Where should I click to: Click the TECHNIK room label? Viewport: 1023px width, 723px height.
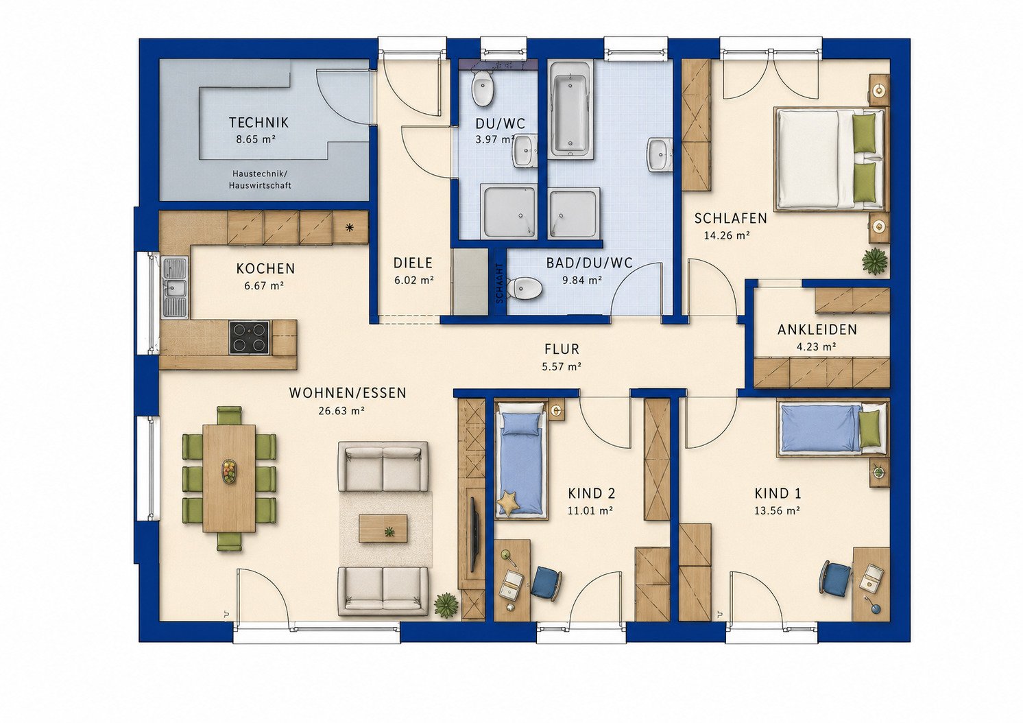pyautogui.click(x=258, y=123)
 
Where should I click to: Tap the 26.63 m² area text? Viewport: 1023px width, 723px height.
pyautogui.click(x=341, y=411)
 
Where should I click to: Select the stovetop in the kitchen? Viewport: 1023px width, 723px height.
pyautogui.click(x=249, y=337)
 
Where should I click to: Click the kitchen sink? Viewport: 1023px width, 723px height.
pyautogui.click(x=175, y=287)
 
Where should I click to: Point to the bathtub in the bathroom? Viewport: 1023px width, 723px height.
pyautogui.click(x=571, y=110)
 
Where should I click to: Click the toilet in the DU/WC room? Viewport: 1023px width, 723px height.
pyautogui.click(x=482, y=88)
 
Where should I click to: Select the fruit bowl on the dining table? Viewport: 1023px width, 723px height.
pyautogui.click(x=229, y=471)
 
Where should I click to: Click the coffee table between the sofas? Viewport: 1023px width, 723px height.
pyautogui.click(x=383, y=528)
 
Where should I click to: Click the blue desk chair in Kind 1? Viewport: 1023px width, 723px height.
pyautogui.click(x=835, y=578)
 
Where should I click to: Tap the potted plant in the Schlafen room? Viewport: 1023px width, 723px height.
pyautogui.click(x=875, y=261)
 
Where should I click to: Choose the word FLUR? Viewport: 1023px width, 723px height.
pyautogui.click(x=562, y=349)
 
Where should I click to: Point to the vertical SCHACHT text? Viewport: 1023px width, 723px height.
pyautogui.click(x=500, y=283)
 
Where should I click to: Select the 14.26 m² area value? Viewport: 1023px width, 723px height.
pyautogui.click(x=727, y=236)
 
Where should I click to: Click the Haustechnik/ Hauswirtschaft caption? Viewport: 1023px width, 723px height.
pyautogui.click(x=260, y=180)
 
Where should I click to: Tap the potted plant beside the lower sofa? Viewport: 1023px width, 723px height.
pyautogui.click(x=446, y=605)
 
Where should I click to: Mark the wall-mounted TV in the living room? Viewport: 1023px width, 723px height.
pyautogui.click(x=474, y=534)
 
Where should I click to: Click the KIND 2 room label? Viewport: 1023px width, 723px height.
pyautogui.click(x=592, y=494)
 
